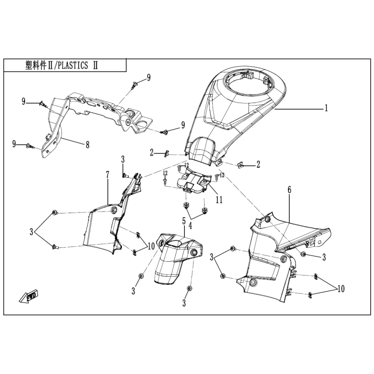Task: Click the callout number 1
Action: [x=325, y=108]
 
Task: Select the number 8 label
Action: [x=87, y=144]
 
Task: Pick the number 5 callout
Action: [x=183, y=221]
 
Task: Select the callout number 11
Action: [x=219, y=200]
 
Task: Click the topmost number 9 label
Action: [x=149, y=77]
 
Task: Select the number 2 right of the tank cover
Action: [x=258, y=164]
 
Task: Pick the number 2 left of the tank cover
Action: [x=152, y=153]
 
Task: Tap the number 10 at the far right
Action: [x=340, y=289]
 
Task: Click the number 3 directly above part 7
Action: [x=122, y=159]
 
